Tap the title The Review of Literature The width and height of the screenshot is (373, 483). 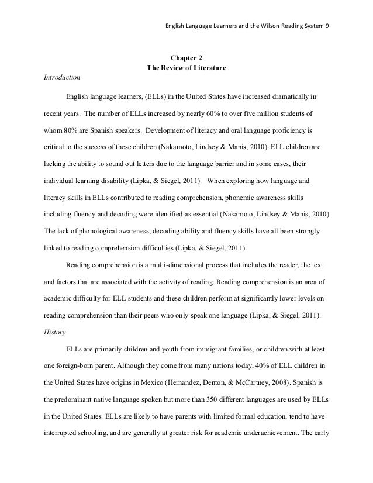click(186, 68)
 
